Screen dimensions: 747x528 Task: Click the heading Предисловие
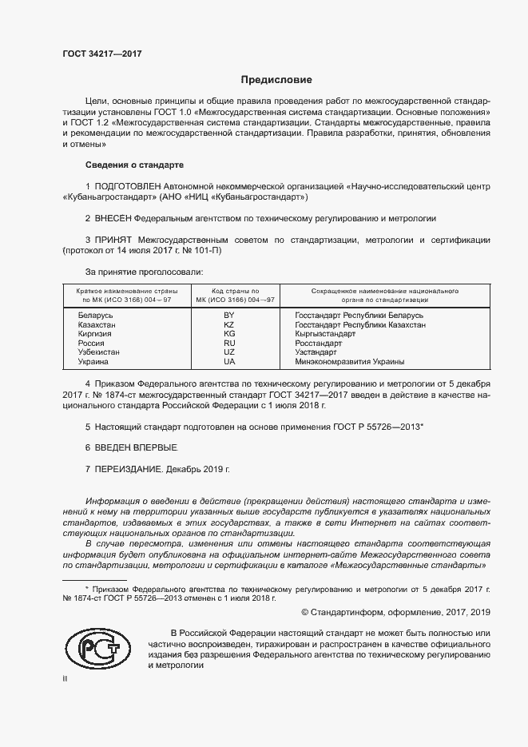pos(276,80)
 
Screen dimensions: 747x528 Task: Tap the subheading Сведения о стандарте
pos(134,165)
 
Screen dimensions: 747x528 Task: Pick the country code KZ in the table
pos(229,326)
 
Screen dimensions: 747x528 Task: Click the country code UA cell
pos(229,361)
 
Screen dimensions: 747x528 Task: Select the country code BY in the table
pos(229,316)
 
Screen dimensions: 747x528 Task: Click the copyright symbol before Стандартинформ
pos(305,612)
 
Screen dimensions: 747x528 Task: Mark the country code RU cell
pos(229,344)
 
